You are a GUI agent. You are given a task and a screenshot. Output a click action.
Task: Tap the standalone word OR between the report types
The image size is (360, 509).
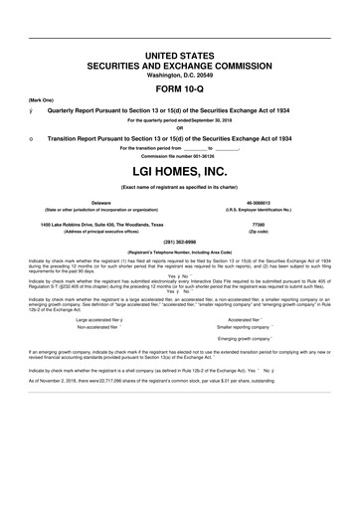click(180, 125)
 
